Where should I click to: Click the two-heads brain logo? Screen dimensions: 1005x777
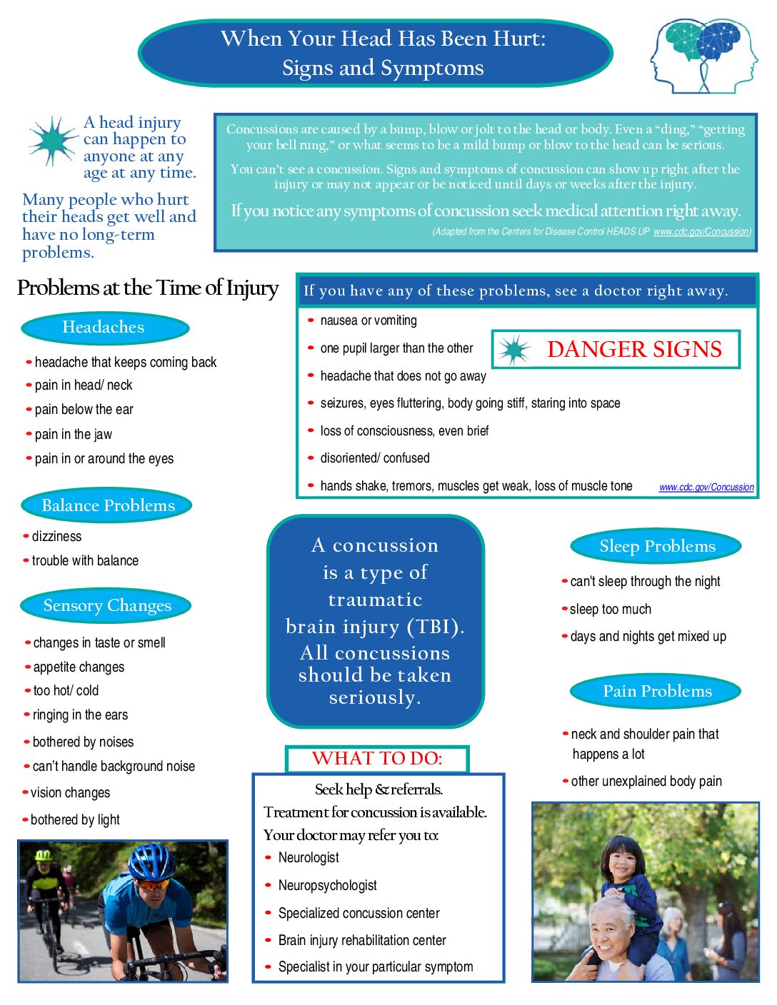(703, 55)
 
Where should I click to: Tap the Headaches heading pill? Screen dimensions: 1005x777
(105, 328)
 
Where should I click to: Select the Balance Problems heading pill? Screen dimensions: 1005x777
(107, 505)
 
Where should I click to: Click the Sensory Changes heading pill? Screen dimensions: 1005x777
(106, 606)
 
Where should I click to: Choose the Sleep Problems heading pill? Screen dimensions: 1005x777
(656, 547)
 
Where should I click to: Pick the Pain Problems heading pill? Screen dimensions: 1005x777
(656, 691)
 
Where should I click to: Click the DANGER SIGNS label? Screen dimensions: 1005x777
(633, 349)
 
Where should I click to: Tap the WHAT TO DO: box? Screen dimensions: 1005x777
(377, 758)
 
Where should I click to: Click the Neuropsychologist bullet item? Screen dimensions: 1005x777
(327, 885)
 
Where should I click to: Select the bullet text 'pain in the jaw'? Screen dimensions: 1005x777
(73, 434)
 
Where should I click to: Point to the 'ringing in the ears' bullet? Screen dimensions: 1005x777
(80, 714)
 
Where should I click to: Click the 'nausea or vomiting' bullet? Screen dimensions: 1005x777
(368, 320)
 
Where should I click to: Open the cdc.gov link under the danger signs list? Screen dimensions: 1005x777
(706, 487)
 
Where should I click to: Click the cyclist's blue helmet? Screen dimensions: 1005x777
(151, 859)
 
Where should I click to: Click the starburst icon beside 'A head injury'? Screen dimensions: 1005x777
(53, 140)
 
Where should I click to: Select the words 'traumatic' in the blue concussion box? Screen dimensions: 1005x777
(375, 600)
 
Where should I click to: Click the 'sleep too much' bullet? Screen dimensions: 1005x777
(610, 609)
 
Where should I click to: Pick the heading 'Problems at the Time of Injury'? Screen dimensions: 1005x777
(148, 288)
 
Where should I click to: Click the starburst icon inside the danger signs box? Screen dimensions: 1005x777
(513, 350)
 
